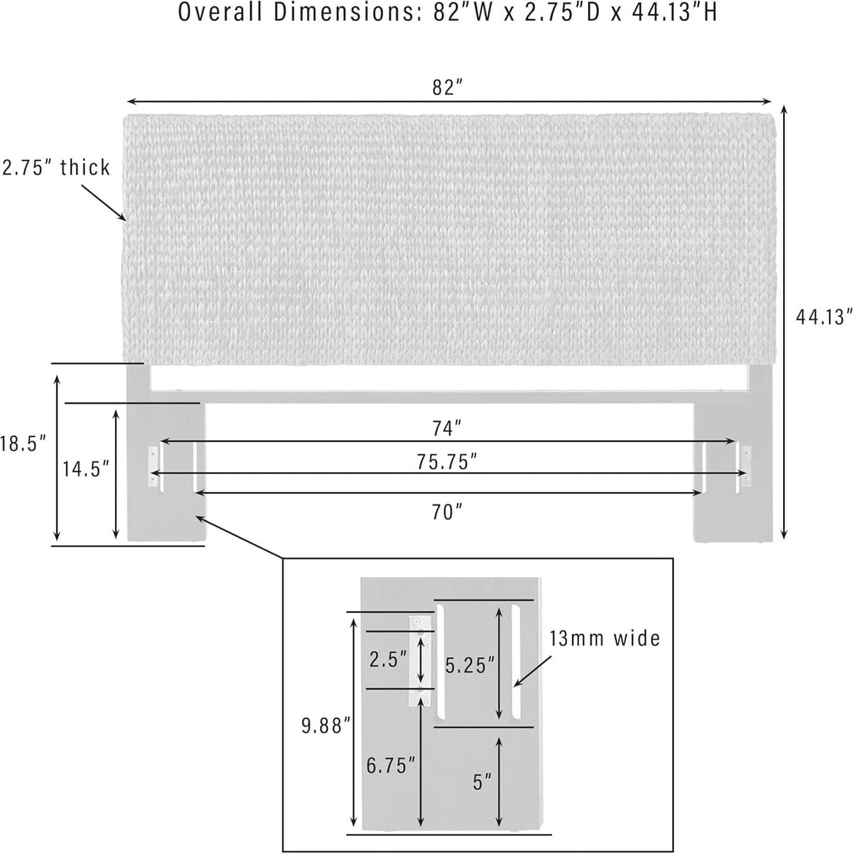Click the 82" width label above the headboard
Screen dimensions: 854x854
click(447, 87)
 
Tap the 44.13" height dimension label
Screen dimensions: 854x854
click(823, 316)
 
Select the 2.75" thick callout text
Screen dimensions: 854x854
click(56, 167)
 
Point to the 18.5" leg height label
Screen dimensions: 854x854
click(23, 444)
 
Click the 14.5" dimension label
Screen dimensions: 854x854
click(86, 469)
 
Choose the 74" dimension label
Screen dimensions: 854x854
click(447, 429)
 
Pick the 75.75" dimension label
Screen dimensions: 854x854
click(447, 462)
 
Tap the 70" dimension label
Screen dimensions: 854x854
click(447, 512)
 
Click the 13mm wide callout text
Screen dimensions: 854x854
click(605, 638)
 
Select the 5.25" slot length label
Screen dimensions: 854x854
click(470, 665)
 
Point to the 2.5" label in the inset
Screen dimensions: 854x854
click(388, 660)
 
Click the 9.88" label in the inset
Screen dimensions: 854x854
click(326, 726)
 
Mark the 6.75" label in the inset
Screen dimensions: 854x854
click(390, 766)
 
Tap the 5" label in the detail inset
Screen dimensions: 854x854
click(482, 782)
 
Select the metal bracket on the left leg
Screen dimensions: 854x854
click(153, 466)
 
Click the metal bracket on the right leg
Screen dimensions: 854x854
click(746, 465)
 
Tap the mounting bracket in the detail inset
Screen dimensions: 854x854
click(421, 661)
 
